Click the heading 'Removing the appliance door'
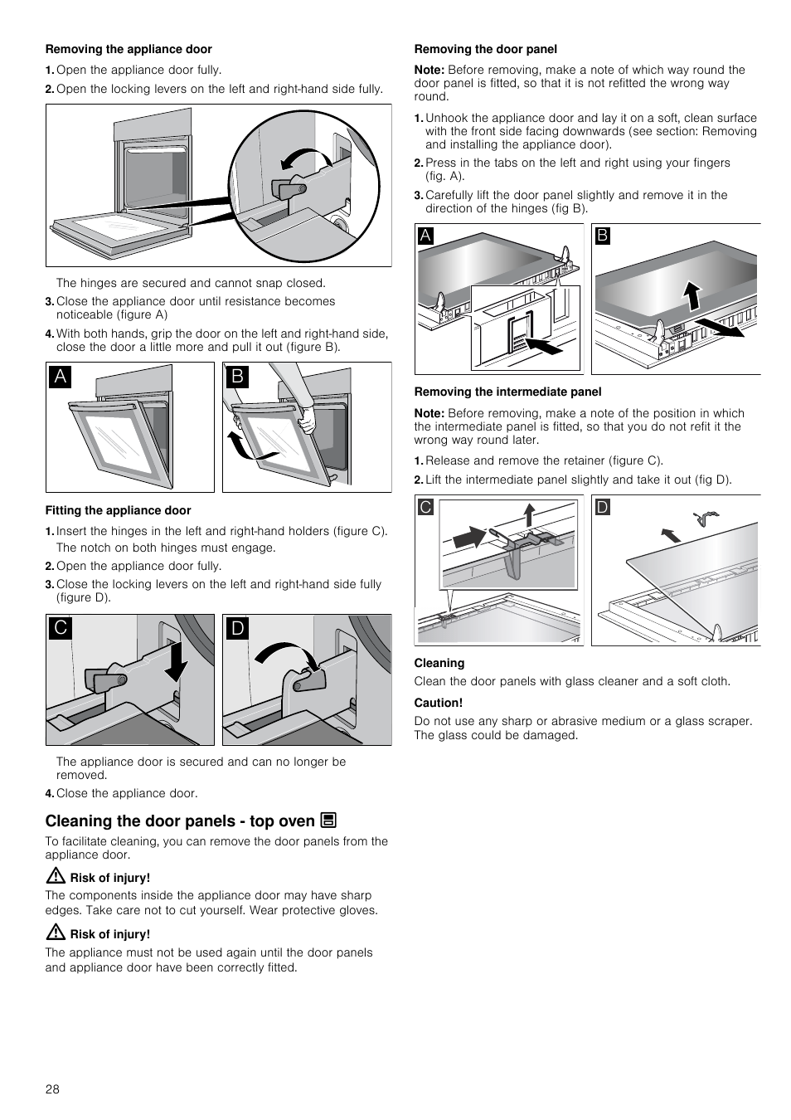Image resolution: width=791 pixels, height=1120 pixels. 129,49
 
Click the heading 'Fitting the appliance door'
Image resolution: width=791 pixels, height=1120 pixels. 118,510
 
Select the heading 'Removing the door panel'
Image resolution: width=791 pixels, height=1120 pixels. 485,49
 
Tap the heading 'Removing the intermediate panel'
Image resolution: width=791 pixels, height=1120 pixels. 507,392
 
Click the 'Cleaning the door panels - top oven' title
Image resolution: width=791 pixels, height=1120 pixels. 180,821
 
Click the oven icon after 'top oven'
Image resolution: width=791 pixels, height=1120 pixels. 328,821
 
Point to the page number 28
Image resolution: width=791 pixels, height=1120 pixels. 52,1089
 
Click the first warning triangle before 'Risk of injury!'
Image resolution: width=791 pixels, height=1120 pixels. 56,875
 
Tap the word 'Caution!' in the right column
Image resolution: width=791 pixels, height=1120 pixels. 438,703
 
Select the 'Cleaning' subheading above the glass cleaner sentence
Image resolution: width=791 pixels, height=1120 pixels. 439,663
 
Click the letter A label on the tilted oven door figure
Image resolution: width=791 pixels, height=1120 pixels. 60,376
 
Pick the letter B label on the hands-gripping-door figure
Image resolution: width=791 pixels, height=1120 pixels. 237,376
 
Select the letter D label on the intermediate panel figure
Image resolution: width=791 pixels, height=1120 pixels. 603,507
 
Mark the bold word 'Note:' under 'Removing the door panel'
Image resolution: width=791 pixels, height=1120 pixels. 429,70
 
